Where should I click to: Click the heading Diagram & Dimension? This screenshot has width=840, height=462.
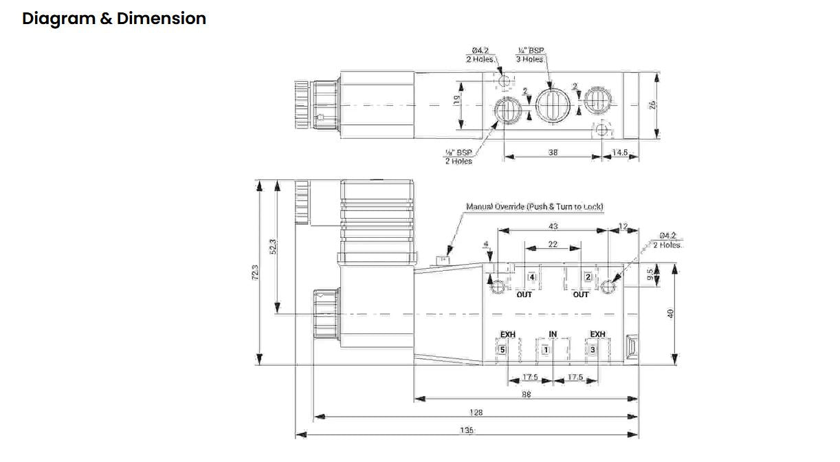tap(114, 19)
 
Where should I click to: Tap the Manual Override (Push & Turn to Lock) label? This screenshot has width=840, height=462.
tap(535, 206)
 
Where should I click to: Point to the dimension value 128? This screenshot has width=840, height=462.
tap(476, 412)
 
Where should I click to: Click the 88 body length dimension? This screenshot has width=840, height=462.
tap(526, 395)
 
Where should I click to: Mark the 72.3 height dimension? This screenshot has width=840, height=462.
tap(255, 272)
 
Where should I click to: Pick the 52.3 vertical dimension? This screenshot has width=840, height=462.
tap(273, 246)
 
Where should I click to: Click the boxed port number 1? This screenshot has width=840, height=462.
tap(546, 350)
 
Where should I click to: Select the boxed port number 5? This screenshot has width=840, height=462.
tap(502, 350)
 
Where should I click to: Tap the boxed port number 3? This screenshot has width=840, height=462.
tap(594, 350)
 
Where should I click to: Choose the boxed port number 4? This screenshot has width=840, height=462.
tap(531, 277)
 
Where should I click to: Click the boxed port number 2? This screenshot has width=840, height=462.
tap(588, 277)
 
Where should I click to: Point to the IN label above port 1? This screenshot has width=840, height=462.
tap(553, 335)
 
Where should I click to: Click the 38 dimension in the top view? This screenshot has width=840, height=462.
tap(553, 153)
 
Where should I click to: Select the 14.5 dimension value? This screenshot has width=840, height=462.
tap(620, 153)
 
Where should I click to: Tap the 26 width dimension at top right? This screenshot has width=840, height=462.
tap(654, 105)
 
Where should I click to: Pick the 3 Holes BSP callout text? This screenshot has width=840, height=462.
tap(530, 55)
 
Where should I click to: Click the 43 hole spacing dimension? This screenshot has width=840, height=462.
tap(553, 226)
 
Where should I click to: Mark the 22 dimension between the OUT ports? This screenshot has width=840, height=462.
tap(553, 244)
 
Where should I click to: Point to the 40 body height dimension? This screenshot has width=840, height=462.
tap(672, 313)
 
